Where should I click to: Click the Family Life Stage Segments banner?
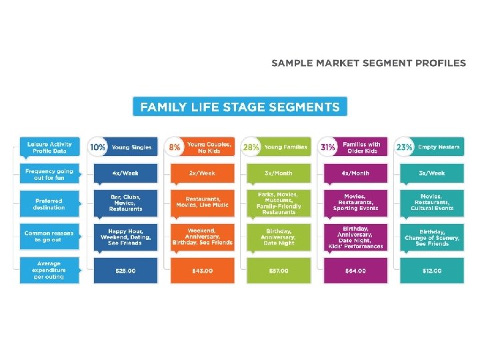pyautogui.click(x=240, y=107)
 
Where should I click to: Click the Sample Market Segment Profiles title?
pyautogui.click(x=369, y=63)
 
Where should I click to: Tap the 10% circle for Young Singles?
pyautogui.click(x=98, y=147)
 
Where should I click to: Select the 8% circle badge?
pyautogui.click(x=175, y=147)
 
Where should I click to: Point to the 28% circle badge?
pyautogui.click(x=251, y=147)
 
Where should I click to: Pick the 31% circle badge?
pyautogui.click(x=328, y=147)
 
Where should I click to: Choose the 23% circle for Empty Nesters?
pyautogui.click(x=405, y=147)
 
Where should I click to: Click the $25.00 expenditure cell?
pyautogui.click(x=126, y=270)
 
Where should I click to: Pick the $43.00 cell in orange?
pyautogui.click(x=201, y=270)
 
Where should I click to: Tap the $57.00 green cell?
pyautogui.click(x=279, y=270)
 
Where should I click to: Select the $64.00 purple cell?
pyautogui.click(x=355, y=270)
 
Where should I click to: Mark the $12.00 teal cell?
pyautogui.click(x=431, y=270)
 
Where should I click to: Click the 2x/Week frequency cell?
pyautogui.click(x=201, y=173)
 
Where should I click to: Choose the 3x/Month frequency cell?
pyautogui.click(x=279, y=173)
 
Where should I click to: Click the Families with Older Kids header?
pyautogui.click(x=362, y=147)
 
